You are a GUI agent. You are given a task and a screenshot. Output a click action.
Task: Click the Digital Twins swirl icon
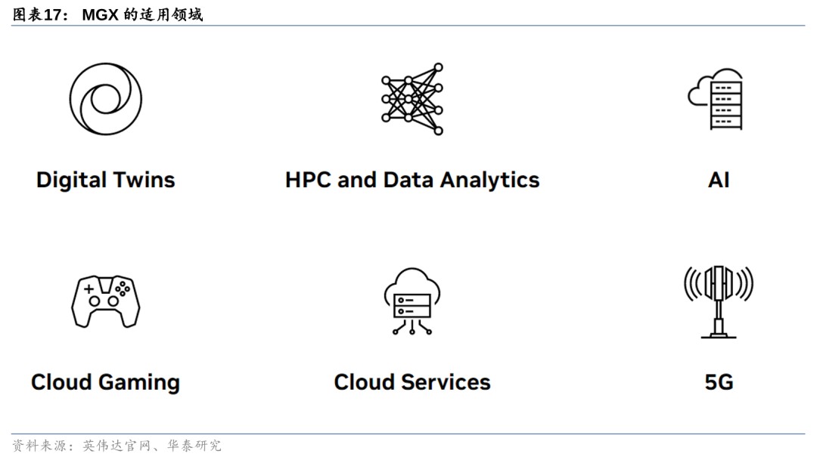coord(105,99)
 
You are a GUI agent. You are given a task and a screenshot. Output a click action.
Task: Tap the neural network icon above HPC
coord(412,99)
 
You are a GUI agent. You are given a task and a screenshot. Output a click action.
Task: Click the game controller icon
coord(105,301)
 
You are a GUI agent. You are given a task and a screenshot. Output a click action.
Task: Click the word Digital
coord(71,180)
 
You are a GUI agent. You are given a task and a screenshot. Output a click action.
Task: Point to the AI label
coord(718,180)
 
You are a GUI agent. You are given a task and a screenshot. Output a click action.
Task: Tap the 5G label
coord(718,382)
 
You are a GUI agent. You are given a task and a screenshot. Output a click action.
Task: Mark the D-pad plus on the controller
coord(89,289)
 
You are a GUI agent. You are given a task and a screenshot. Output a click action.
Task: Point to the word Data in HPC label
coord(408,180)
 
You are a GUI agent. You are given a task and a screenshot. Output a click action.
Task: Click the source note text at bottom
coord(117,446)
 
